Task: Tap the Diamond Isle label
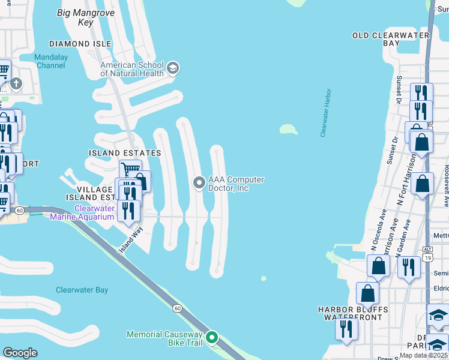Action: tap(80, 44)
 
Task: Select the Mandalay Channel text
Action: tap(50, 62)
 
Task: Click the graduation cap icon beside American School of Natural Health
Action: tap(173, 68)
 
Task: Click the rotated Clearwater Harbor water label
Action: tap(326, 113)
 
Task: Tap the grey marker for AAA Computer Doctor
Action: tap(199, 183)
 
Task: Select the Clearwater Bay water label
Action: tap(82, 290)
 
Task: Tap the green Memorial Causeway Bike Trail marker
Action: tap(211, 338)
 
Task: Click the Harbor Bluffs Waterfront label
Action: tap(353, 313)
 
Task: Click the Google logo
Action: tap(20, 353)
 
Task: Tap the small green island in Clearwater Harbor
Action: tap(289, 129)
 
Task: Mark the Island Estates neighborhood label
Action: tap(125, 153)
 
